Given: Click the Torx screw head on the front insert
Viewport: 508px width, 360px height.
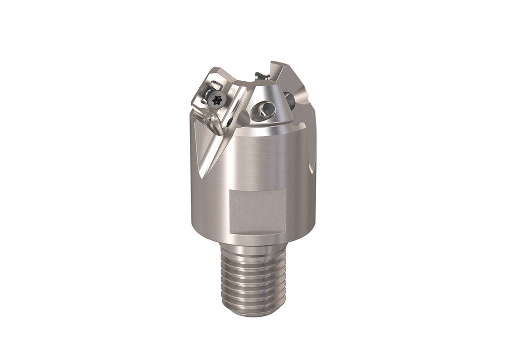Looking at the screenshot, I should (x=217, y=100).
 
